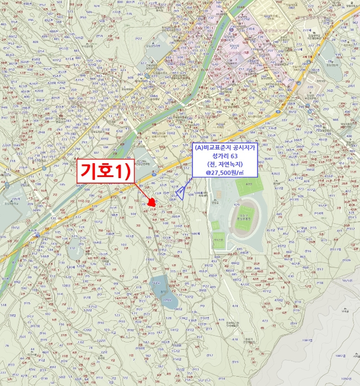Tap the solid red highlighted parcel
152,202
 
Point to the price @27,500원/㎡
224,173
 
